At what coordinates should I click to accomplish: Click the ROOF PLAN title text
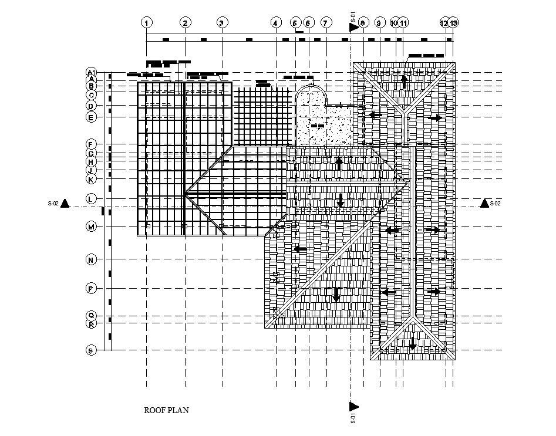(x=167, y=411)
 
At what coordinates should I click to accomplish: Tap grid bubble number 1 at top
(x=146, y=23)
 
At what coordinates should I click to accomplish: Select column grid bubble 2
(x=185, y=23)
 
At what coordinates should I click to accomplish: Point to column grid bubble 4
(x=276, y=23)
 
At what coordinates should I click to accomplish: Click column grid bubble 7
(x=326, y=23)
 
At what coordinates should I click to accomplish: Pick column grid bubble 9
(x=379, y=23)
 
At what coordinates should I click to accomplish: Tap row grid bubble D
(x=91, y=106)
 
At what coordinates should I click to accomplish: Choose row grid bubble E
(x=91, y=117)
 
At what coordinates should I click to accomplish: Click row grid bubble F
(x=91, y=144)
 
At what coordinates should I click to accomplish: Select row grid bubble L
(x=91, y=199)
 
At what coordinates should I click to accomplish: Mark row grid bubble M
(x=91, y=227)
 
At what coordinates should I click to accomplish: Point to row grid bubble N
(x=91, y=259)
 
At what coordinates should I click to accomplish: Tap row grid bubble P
(x=91, y=288)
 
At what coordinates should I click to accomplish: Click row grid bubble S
(x=91, y=350)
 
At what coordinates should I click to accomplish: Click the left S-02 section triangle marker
(x=65, y=203)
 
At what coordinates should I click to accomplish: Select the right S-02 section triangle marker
(x=485, y=203)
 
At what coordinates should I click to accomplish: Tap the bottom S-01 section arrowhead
(x=354, y=406)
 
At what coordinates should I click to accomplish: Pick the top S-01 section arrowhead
(x=354, y=26)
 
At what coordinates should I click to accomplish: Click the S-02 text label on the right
(x=496, y=204)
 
